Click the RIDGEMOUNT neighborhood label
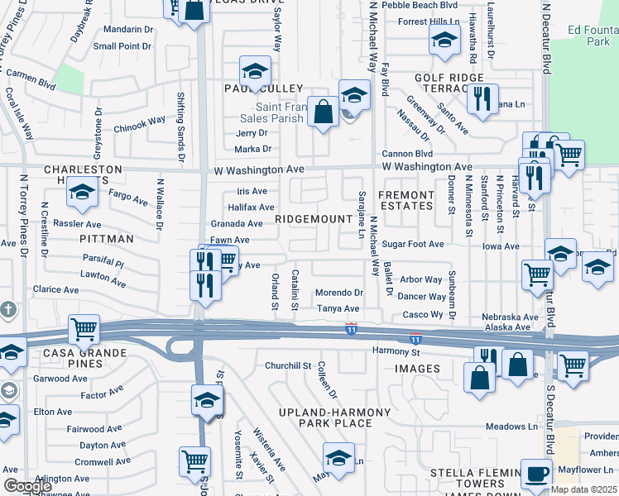tap(314, 219)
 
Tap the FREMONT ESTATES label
tap(405, 201)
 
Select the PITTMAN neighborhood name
tap(106, 238)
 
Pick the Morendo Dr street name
tap(340, 293)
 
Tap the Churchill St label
tap(287, 365)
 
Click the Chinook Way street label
tap(139, 122)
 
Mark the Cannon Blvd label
tap(407, 154)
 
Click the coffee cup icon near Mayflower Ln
tap(536, 475)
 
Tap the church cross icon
tap(8, 310)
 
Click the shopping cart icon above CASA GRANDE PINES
tap(84, 329)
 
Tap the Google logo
tap(27, 486)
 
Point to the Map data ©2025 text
tap(583, 489)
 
